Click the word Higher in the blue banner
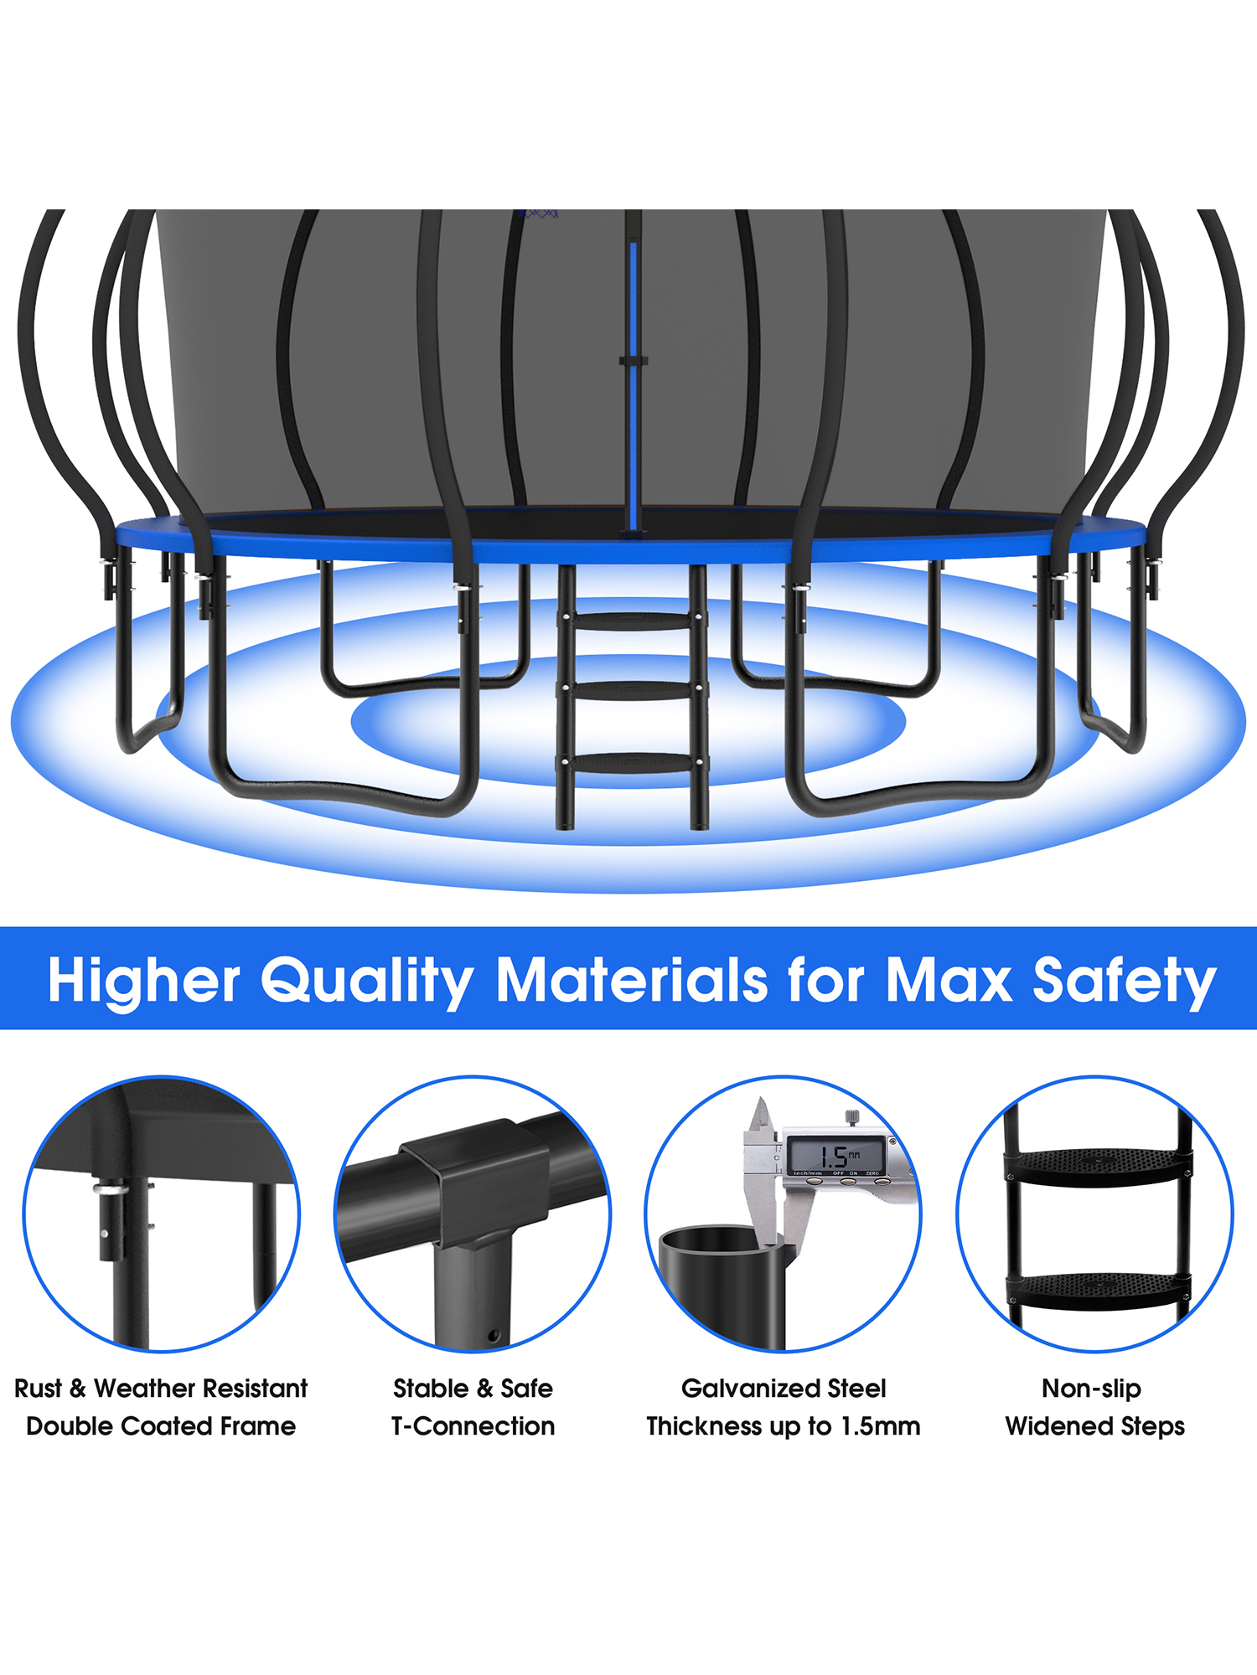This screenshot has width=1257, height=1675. tap(144, 979)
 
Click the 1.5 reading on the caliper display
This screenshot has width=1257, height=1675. tap(835, 1157)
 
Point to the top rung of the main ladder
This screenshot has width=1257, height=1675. tap(633, 621)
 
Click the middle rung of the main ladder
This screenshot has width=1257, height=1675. tap(633, 689)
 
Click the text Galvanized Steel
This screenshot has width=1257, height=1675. tap(784, 1389)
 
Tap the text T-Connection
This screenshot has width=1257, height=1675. tap(473, 1426)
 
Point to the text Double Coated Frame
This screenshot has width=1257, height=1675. tap(161, 1426)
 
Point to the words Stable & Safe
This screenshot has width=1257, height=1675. tap(473, 1389)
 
